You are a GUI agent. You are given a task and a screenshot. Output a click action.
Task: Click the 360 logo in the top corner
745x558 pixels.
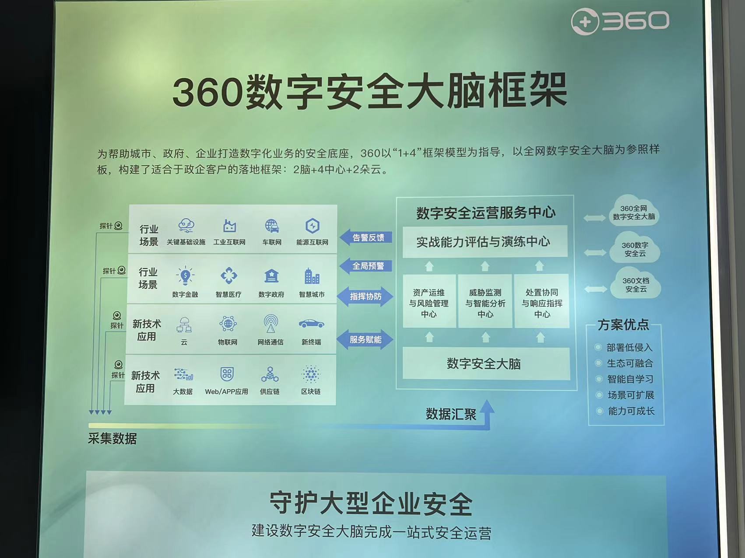[x=620, y=21]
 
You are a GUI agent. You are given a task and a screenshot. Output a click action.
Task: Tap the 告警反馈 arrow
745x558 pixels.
[x=365, y=237]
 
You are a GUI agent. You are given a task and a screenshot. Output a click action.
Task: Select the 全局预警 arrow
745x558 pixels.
[x=365, y=266]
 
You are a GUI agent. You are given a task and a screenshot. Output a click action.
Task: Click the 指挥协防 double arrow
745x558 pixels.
[x=365, y=296]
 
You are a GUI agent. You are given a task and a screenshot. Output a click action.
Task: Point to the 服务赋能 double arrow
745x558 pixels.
[x=365, y=340]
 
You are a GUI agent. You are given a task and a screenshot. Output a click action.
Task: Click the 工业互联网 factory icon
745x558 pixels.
[x=229, y=226]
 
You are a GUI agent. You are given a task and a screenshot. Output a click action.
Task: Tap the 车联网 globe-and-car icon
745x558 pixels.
[x=272, y=226]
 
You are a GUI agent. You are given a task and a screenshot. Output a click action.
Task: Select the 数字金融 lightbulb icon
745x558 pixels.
[x=185, y=276]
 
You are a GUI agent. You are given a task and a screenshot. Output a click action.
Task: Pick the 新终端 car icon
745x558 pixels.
[x=311, y=324]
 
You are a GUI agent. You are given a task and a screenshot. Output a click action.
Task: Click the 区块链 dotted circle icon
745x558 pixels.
[x=311, y=374]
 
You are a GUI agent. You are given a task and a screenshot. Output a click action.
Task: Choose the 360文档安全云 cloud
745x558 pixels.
[x=636, y=284]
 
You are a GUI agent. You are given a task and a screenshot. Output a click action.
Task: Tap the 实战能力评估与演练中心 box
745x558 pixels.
[x=485, y=241]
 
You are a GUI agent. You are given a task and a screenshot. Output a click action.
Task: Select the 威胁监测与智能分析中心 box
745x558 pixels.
[x=485, y=301]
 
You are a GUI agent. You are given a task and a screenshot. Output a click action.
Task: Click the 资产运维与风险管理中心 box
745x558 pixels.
[x=429, y=301]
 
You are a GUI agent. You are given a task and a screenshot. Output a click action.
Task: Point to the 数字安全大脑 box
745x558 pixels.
[x=485, y=363]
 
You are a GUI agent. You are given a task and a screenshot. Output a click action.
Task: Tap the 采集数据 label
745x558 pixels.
[x=112, y=439]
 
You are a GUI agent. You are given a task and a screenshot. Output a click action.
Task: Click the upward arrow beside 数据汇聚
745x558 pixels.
[x=487, y=414]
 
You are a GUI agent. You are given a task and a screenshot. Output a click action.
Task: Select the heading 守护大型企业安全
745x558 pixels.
[x=371, y=504]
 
